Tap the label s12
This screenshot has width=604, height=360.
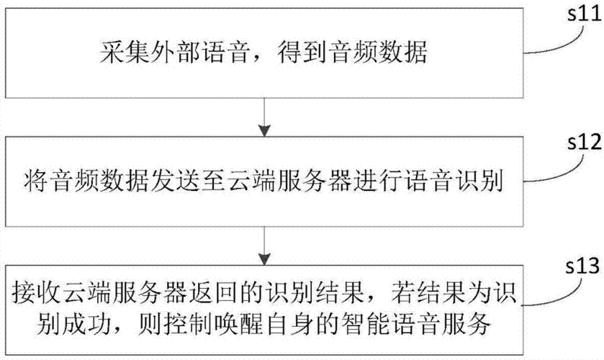click(584, 142)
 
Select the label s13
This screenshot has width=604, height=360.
click(582, 266)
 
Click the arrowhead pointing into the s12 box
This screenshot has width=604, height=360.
click(264, 130)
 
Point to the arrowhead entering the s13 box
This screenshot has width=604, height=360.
click(264, 259)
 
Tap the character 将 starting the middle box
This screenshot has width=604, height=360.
click(36, 181)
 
